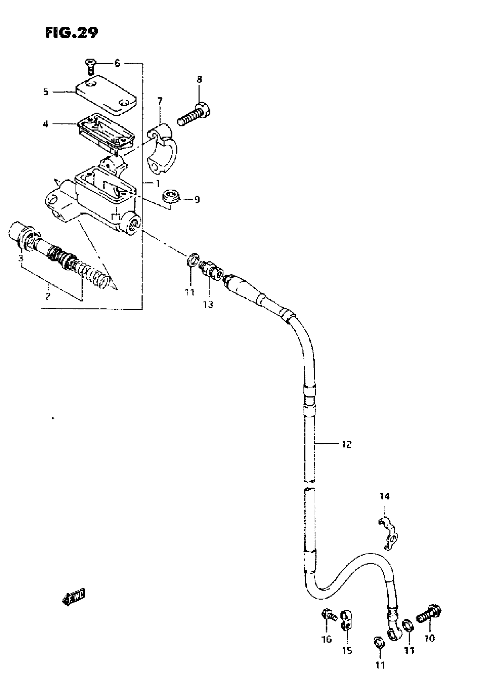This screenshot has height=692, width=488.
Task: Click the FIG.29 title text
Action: coord(72,32)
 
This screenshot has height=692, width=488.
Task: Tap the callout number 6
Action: coord(117,63)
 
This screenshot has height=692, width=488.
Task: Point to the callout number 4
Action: coord(45,124)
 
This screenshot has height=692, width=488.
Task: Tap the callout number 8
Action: coord(199,79)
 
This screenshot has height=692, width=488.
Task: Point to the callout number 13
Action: coord(208,304)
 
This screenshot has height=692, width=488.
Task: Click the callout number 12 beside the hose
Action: coord(346,444)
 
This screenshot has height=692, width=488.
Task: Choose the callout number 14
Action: coord(384,496)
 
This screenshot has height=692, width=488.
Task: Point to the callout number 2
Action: coord(48,296)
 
